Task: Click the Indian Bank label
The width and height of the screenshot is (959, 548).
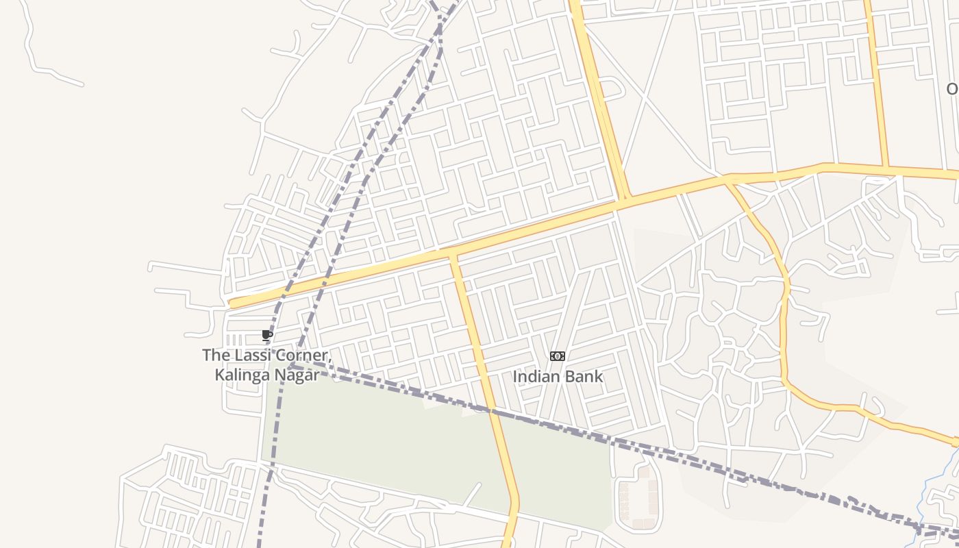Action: (x=558, y=376)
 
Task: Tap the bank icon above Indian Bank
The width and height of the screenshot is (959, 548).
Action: (x=558, y=356)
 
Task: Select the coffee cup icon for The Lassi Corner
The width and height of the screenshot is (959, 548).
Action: (x=267, y=335)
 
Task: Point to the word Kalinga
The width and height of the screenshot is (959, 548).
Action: (x=242, y=375)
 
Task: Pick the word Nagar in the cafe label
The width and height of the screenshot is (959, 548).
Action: (x=297, y=375)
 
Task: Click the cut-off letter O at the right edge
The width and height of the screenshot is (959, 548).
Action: (x=952, y=89)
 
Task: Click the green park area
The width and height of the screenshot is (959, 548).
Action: (x=384, y=438)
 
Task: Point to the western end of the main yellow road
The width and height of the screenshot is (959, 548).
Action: (x=233, y=303)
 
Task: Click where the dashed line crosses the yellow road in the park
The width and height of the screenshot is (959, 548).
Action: (x=491, y=411)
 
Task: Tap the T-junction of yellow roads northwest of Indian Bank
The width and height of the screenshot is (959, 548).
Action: (x=452, y=255)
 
